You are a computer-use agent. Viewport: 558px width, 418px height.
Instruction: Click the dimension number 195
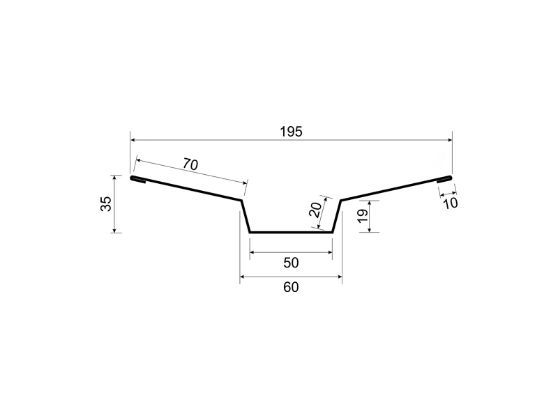[x=291, y=132]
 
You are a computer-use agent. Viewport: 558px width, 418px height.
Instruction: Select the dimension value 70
[x=190, y=164]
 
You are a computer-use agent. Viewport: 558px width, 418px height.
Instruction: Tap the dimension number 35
[x=106, y=203]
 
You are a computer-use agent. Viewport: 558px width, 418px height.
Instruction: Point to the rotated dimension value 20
[x=315, y=210]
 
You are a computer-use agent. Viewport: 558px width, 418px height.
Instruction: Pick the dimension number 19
[x=362, y=216]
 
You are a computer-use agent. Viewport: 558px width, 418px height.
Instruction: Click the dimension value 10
[x=450, y=203]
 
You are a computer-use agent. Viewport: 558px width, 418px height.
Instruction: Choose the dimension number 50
[x=291, y=263]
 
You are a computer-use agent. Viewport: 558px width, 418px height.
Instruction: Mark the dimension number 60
[x=291, y=287]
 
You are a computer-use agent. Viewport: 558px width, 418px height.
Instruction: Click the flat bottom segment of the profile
[x=291, y=232]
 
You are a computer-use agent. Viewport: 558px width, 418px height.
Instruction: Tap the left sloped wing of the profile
[x=186, y=189]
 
